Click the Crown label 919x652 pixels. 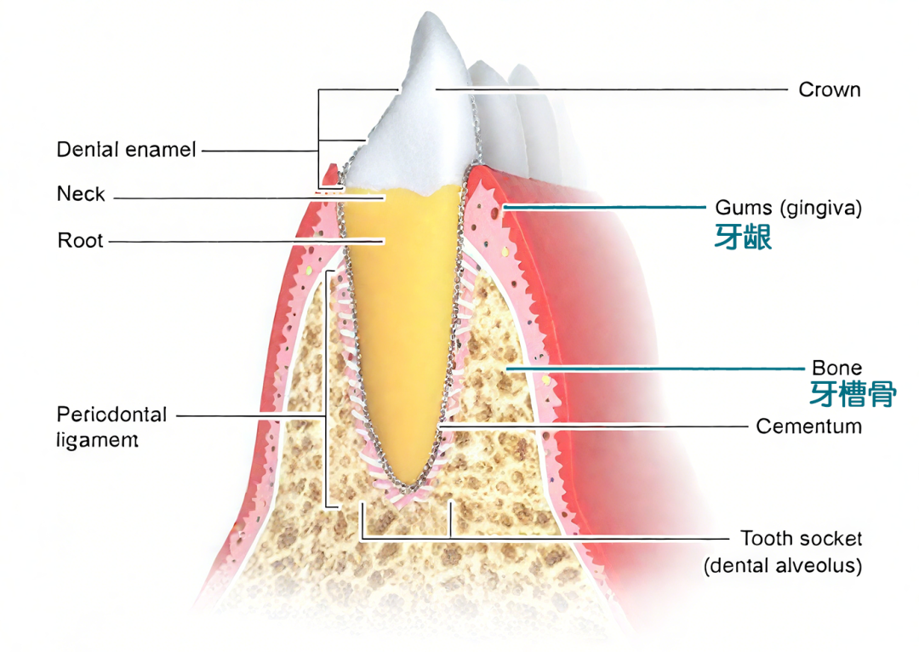tap(829, 89)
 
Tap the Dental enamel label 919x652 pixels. tap(126, 151)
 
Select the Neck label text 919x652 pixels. tap(81, 195)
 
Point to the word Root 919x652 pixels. tap(80, 241)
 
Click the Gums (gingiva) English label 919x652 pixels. tap(788, 208)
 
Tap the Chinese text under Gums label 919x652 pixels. tap(743, 237)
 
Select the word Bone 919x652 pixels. tap(836, 368)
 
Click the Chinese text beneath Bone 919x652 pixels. tap(851, 393)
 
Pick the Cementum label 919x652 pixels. tap(808, 426)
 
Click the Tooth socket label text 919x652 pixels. tap(801, 539)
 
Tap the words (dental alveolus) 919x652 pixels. tap(782, 566)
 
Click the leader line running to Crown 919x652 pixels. tap(613, 89)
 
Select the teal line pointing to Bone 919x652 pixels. tap(655, 369)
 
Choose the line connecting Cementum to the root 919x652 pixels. tap(596, 425)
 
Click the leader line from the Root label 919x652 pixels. tap(247, 242)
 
